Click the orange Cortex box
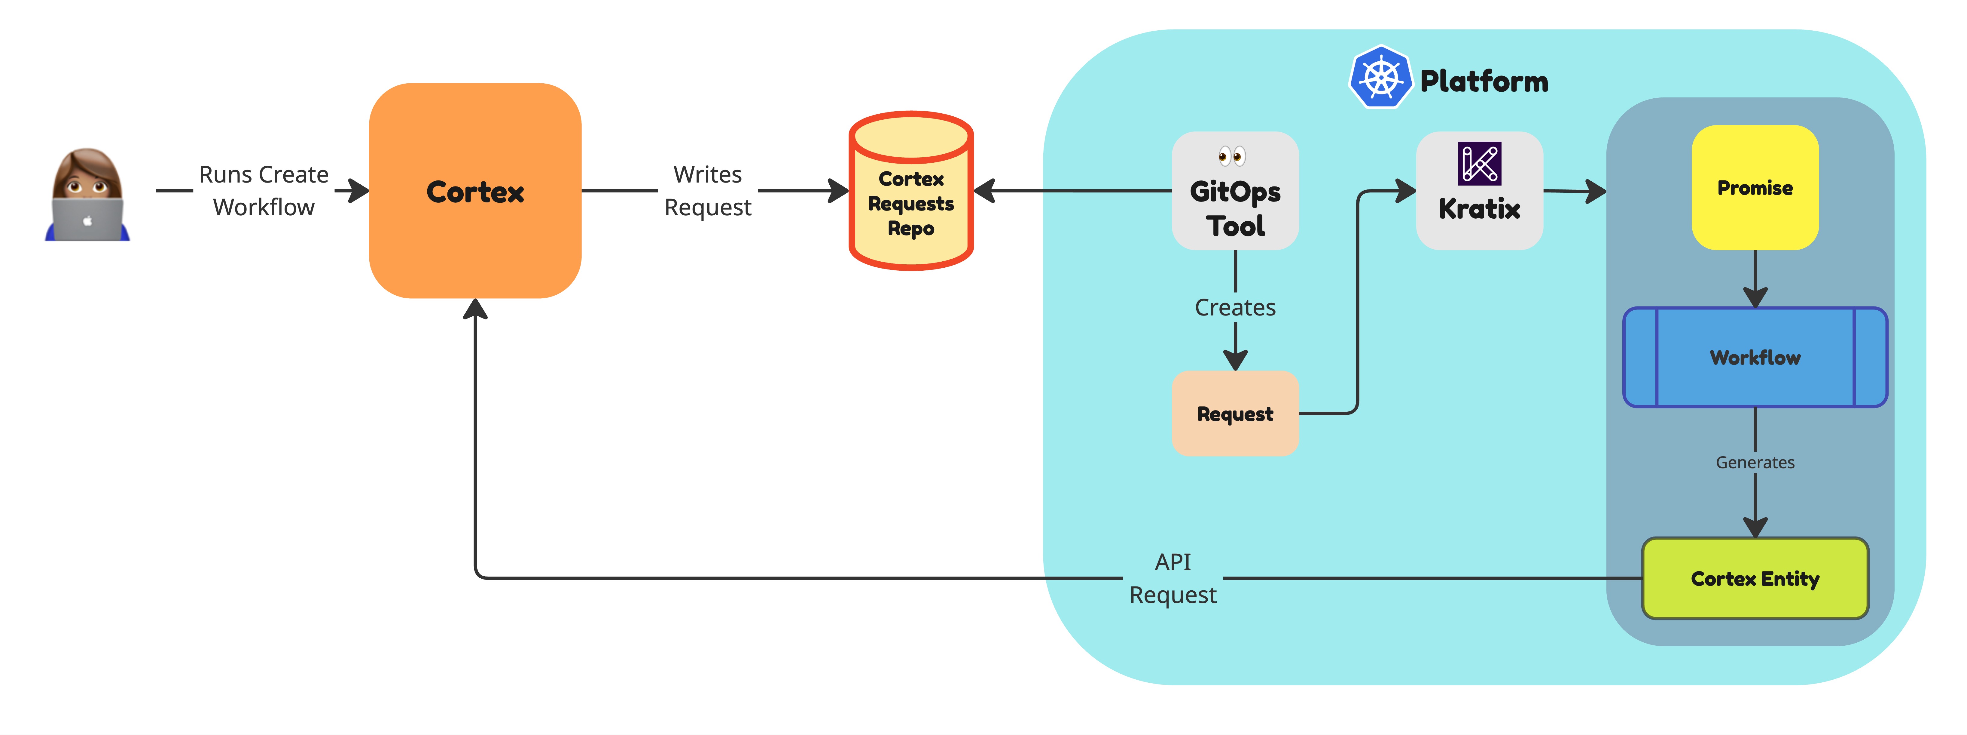click(x=475, y=191)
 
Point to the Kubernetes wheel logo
click(x=1380, y=77)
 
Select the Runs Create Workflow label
click(x=264, y=191)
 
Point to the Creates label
click(x=1235, y=307)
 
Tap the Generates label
click(x=1755, y=462)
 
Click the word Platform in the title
click(x=1484, y=81)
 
